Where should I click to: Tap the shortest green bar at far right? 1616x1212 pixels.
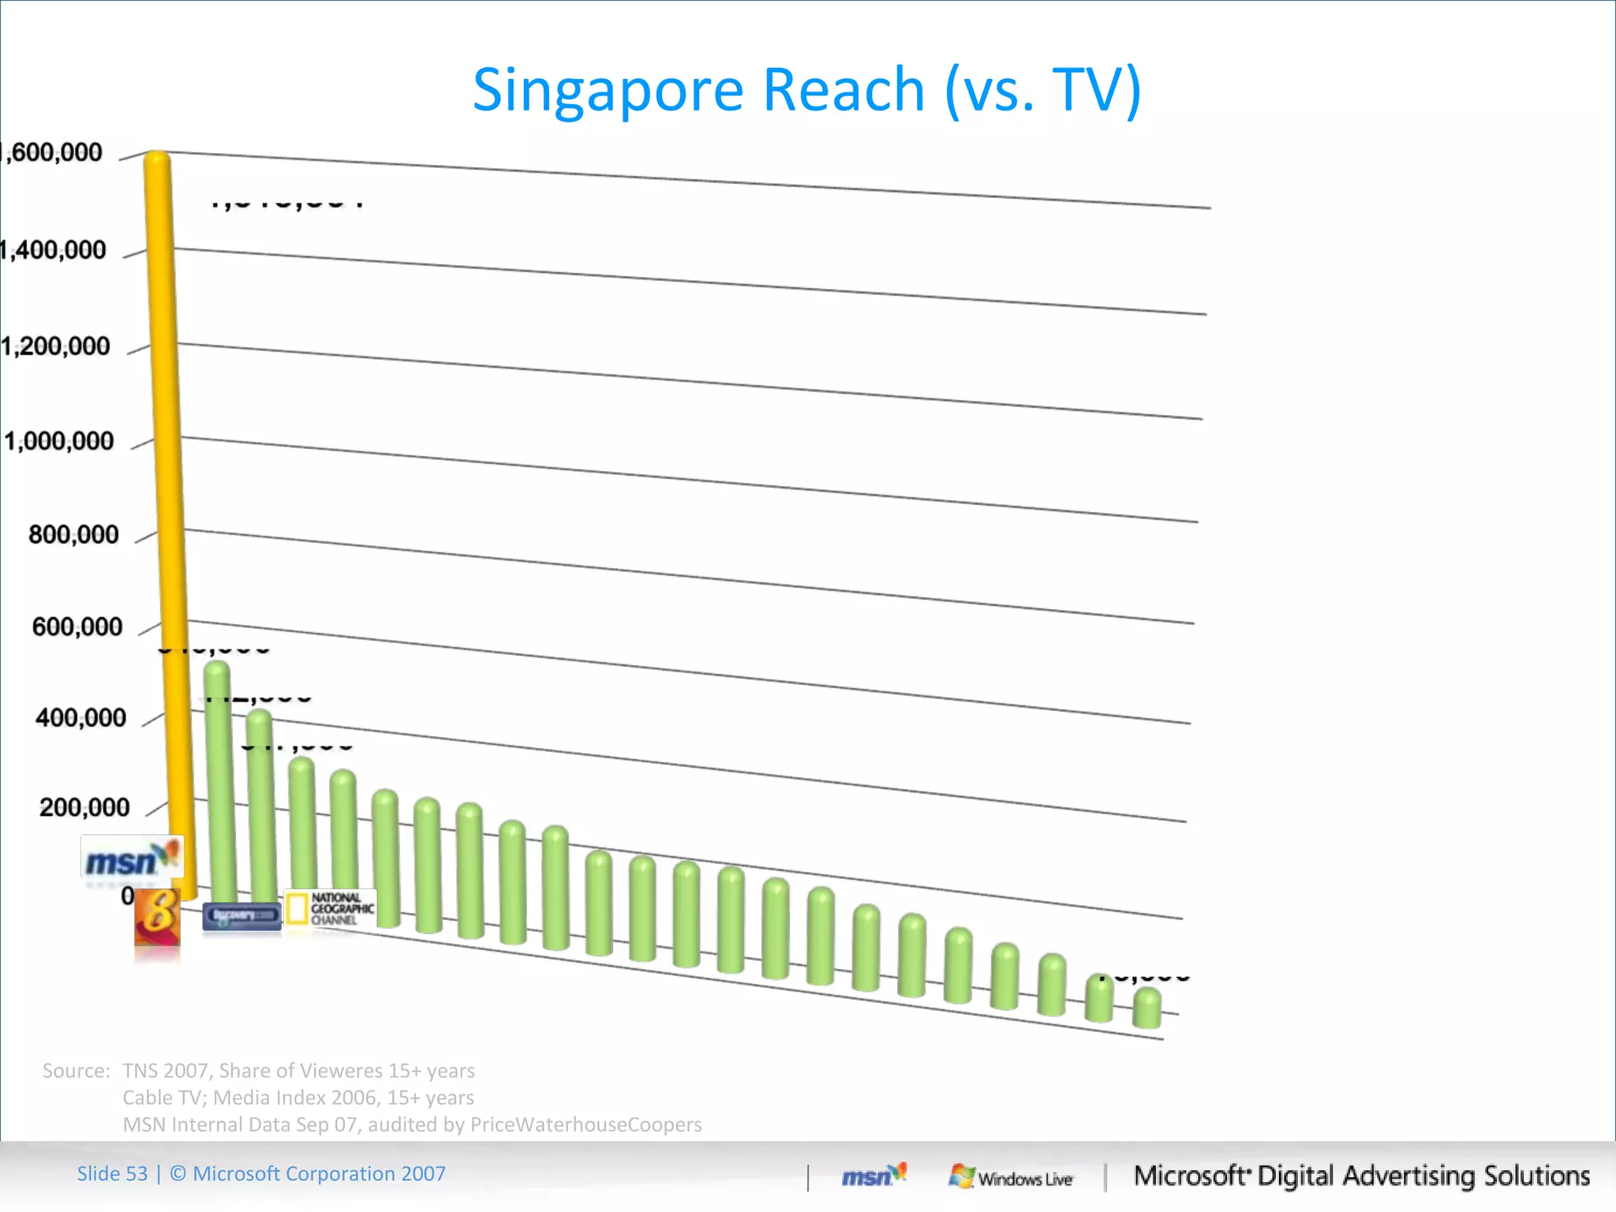tap(1147, 1009)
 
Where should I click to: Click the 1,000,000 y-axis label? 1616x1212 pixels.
tap(60, 441)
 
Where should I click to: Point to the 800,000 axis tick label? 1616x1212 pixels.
tap(73, 535)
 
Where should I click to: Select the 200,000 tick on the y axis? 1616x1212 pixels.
tap(84, 808)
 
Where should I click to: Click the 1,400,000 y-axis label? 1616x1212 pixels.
tap(54, 250)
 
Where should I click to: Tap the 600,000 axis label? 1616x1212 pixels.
tap(77, 627)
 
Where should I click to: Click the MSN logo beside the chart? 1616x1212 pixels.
tap(132, 858)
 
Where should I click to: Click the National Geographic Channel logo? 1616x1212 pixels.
tap(330, 909)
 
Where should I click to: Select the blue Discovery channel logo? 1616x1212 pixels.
tap(241, 915)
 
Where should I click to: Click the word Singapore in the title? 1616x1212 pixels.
tap(608, 89)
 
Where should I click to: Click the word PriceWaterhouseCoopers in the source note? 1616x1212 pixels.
tap(585, 1124)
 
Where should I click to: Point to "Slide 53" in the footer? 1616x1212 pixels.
tap(112, 1174)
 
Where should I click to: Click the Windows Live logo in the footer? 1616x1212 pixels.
tap(1011, 1177)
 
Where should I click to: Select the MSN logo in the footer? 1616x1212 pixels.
tap(873, 1176)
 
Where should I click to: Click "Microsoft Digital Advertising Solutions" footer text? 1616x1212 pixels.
tap(1361, 1176)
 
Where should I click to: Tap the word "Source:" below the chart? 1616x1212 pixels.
tap(76, 1071)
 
